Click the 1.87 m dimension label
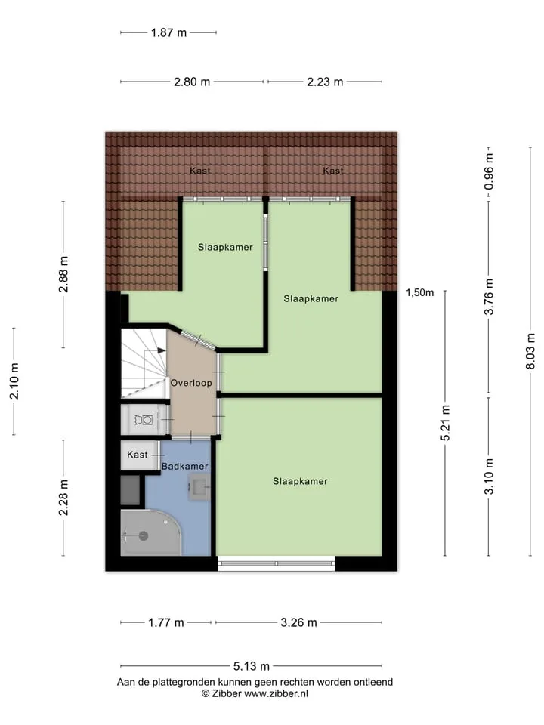pyautogui.click(x=168, y=32)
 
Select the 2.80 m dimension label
pyautogui.click(x=192, y=82)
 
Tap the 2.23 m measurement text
pyautogui.click(x=325, y=82)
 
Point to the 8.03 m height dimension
pyautogui.click(x=530, y=351)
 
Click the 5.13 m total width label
pyautogui.click(x=251, y=666)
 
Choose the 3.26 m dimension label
pyautogui.click(x=299, y=622)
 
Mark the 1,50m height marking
pyautogui.click(x=420, y=292)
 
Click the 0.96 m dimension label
pyautogui.click(x=489, y=171)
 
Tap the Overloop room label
pyautogui.click(x=191, y=383)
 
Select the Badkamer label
pyautogui.click(x=184, y=467)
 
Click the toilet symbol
pyautogui.click(x=144, y=420)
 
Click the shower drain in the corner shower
pyautogui.click(x=144, y=536)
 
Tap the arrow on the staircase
pyautogui.click(x=161, y=350)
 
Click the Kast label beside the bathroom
pyautogui.click(x=138, y=455)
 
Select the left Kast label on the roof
pyautogui.click(x=199, y=171)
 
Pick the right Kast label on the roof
pyautogui.click(x=333, y=171)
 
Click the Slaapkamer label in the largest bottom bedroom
pyautogui.click(x=300, y=481)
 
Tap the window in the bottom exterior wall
pyautogui.click(x=277, y=563)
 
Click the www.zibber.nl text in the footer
pyautogui.click(x=277, y=693)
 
